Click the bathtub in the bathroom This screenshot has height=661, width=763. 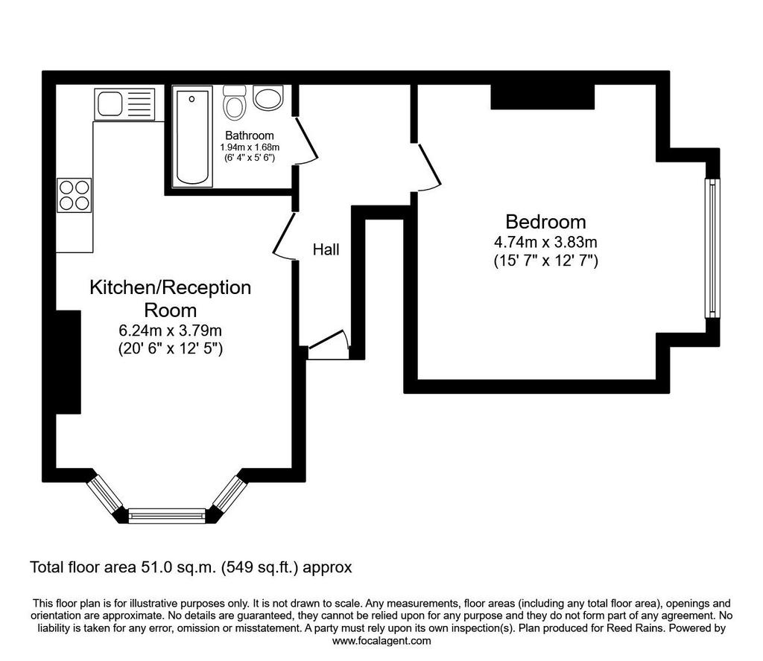point(192,136)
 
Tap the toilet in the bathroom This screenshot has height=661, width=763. point(235,103)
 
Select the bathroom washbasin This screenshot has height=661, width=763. point(268,98)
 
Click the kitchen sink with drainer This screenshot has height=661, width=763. point(124,104)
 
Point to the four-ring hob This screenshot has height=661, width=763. point(75,195)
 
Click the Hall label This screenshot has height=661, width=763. point(326,250)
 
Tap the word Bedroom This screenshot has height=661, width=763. point(545,222)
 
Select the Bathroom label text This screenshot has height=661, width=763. point(249,135)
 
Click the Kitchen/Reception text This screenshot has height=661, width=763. point(171,288)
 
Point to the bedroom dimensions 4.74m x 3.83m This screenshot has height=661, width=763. point(545,242)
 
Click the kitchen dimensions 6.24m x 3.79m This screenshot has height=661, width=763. point(171,330)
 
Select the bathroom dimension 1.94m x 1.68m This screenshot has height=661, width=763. point(250,147)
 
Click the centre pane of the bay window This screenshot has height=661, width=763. point(167,515)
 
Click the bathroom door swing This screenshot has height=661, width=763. point(305,141)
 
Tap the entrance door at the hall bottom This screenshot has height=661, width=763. point(329,344)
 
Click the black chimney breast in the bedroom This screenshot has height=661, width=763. point(542,97)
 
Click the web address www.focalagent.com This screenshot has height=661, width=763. point(381,641)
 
